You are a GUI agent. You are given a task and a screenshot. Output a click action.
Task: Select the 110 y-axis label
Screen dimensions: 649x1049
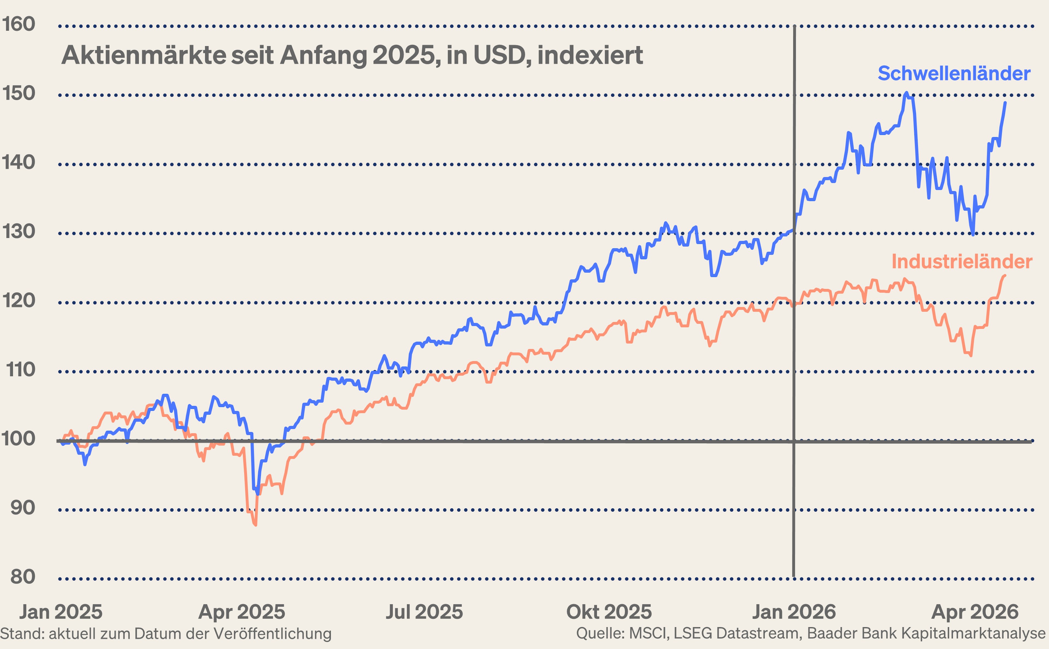point(20,370)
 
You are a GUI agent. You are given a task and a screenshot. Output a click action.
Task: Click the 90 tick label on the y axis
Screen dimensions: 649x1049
point(22,508)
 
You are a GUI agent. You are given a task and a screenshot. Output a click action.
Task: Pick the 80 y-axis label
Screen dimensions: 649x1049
point(22,577)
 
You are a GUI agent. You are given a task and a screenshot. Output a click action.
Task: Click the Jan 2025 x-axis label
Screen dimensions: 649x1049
point(61,612)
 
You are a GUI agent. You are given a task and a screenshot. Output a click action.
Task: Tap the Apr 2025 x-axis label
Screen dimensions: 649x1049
point(242,612)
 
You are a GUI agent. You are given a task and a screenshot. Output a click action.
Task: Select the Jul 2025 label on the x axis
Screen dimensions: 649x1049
point(424,612)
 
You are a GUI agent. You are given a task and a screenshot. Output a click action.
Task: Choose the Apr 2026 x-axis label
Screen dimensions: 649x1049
point(975,612)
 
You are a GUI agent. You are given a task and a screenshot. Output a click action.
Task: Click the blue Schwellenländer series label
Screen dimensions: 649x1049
point(954,73)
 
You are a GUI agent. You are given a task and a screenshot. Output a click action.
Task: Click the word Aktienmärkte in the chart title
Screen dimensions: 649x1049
point(144,55)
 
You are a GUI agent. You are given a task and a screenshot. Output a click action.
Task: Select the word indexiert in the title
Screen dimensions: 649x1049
point(590,55)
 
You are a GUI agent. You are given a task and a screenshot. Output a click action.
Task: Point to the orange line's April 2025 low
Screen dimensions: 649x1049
point(255,524)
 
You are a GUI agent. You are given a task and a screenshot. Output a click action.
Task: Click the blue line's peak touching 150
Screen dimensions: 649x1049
point(906,93)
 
